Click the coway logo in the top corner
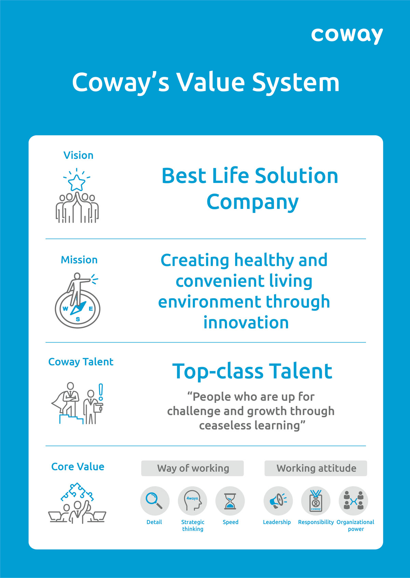pyautogui.click(x=347, y=36)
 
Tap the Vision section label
pyautogui.click(x=79, y=155)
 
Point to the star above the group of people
pyautogui.click(x=77, y=182)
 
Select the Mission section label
pyautogui.click(x=79, y=260)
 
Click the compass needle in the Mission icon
pyautogui.click(x=78, y=308)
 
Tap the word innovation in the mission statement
pyautogui.click(x=246, y=323)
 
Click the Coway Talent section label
pyautogui.click(x=81, y=362)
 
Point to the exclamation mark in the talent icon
pyautogui.click(x=101, y=392)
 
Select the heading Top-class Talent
pyautogui.click(x=252, y=371)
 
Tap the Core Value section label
pyautogui.click(x=78, y=466)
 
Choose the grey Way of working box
pyautogui.click(x=192, y=468)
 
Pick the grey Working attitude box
pyautogui.click(x=316, y=468)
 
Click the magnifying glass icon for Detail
pyautogui.click(x=154, y=501)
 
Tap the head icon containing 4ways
pyautogui.click(x=192, y=501)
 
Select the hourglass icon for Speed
pyautogui.click(x=230, y=501)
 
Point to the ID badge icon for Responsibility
pyautogui.click(x=316, y=501)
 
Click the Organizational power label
pyautogui.click(x=355, y=525)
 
